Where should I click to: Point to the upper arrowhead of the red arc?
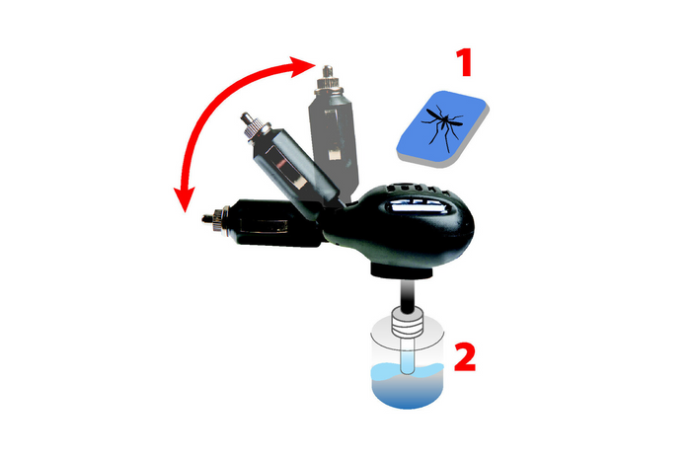tap(304, 65)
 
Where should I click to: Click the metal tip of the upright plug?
tap(326, 71)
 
